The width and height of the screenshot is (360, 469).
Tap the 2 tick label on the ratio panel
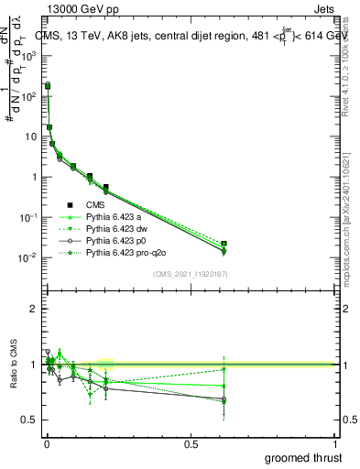(x=32, y=309)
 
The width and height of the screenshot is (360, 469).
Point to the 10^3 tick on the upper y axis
(x=27, y=56)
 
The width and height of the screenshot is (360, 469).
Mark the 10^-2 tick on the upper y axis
(x=27, y=258)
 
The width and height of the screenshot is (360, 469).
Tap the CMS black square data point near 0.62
(x=224, y=244)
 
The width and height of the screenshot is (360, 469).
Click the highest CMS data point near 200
(x=48, y=85)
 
